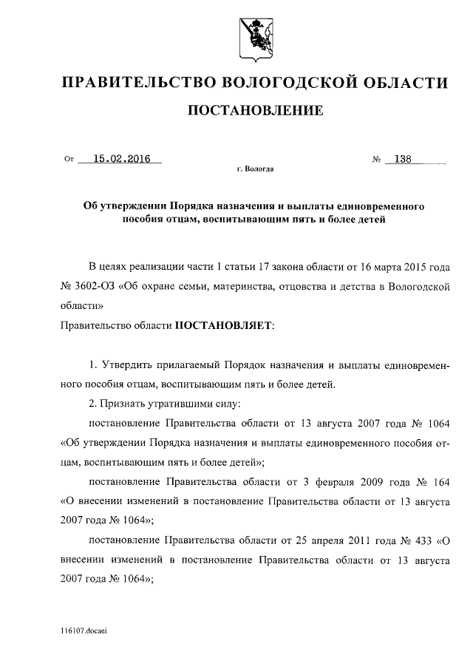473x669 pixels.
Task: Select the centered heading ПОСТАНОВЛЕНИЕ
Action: click(x=256, y=112)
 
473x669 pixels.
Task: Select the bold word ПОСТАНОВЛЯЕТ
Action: click(x=223, y=325)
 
